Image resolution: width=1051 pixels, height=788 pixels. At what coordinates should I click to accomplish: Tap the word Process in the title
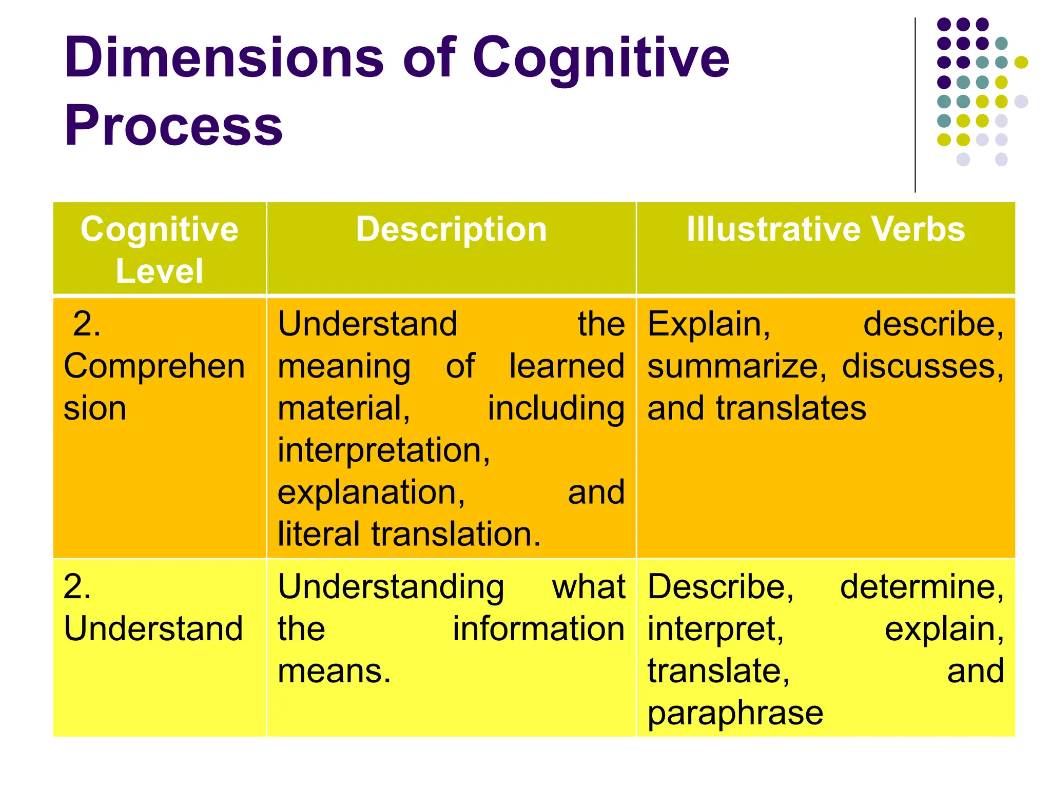point(173,126)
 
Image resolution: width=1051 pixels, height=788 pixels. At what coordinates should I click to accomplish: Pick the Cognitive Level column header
point(160,249)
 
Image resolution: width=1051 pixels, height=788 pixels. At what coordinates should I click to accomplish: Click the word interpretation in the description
point(383,450)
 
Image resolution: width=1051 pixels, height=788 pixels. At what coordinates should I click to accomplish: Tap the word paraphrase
point(735,713)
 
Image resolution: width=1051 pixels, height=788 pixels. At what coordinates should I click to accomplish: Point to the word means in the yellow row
point(334,671)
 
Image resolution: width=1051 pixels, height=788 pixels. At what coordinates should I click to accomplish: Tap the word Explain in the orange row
point(709,324)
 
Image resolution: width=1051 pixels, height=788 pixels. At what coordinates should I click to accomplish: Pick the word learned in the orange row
point(567,366)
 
